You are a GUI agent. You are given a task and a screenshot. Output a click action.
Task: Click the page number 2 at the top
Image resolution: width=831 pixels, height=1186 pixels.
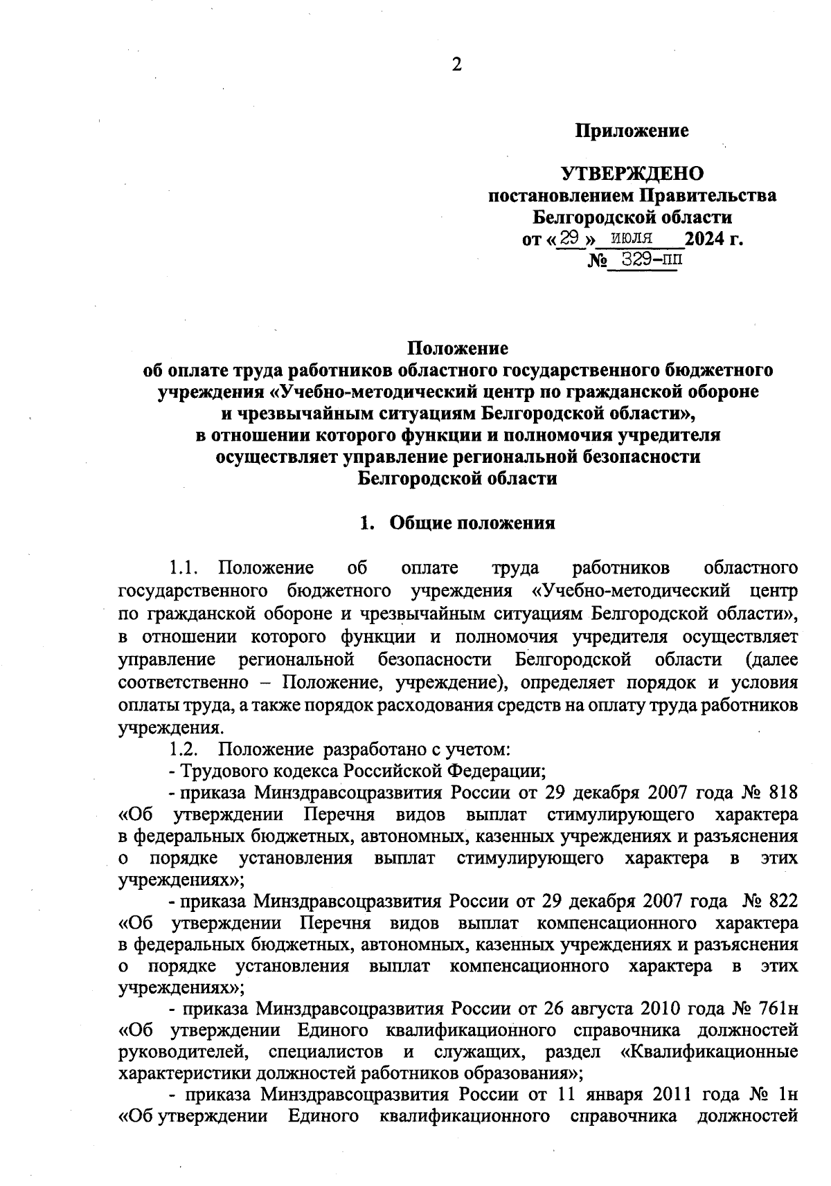(456, 65)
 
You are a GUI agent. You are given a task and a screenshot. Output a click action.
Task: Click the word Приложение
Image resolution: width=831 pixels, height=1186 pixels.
(632, 131)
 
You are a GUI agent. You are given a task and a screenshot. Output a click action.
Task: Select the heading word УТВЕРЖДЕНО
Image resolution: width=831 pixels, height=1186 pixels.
(632, 173)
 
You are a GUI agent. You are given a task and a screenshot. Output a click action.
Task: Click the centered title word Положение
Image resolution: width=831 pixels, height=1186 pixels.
(456, 347)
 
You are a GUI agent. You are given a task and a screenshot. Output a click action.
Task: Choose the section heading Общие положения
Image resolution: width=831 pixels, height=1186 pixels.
(472, 523)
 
